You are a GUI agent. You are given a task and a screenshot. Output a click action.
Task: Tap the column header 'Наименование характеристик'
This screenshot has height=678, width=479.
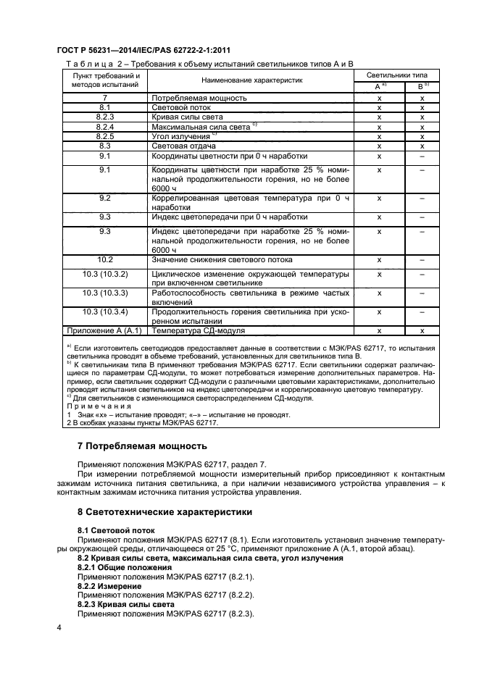251,80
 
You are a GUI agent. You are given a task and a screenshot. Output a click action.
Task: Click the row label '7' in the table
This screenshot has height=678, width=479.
105,97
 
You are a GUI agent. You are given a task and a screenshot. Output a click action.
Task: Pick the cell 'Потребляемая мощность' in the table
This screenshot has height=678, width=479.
199,97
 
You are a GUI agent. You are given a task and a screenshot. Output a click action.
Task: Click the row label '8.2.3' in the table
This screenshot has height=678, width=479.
105,117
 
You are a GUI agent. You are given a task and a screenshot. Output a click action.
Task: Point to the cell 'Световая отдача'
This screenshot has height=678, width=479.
185,146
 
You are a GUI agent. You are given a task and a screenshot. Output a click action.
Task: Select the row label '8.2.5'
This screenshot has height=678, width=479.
105,136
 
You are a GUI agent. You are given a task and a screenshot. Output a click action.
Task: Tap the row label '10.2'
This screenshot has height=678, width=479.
105,259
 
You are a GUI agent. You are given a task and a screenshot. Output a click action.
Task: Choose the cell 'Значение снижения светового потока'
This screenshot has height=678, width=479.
222,259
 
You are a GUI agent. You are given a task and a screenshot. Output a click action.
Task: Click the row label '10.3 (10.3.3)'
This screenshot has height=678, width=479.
105,293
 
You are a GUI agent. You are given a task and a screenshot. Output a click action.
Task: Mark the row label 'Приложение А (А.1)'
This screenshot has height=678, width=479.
105,330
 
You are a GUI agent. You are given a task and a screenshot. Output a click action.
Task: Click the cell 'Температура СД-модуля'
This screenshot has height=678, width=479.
198,330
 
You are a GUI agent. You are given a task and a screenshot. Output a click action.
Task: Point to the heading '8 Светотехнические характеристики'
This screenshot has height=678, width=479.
164,512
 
